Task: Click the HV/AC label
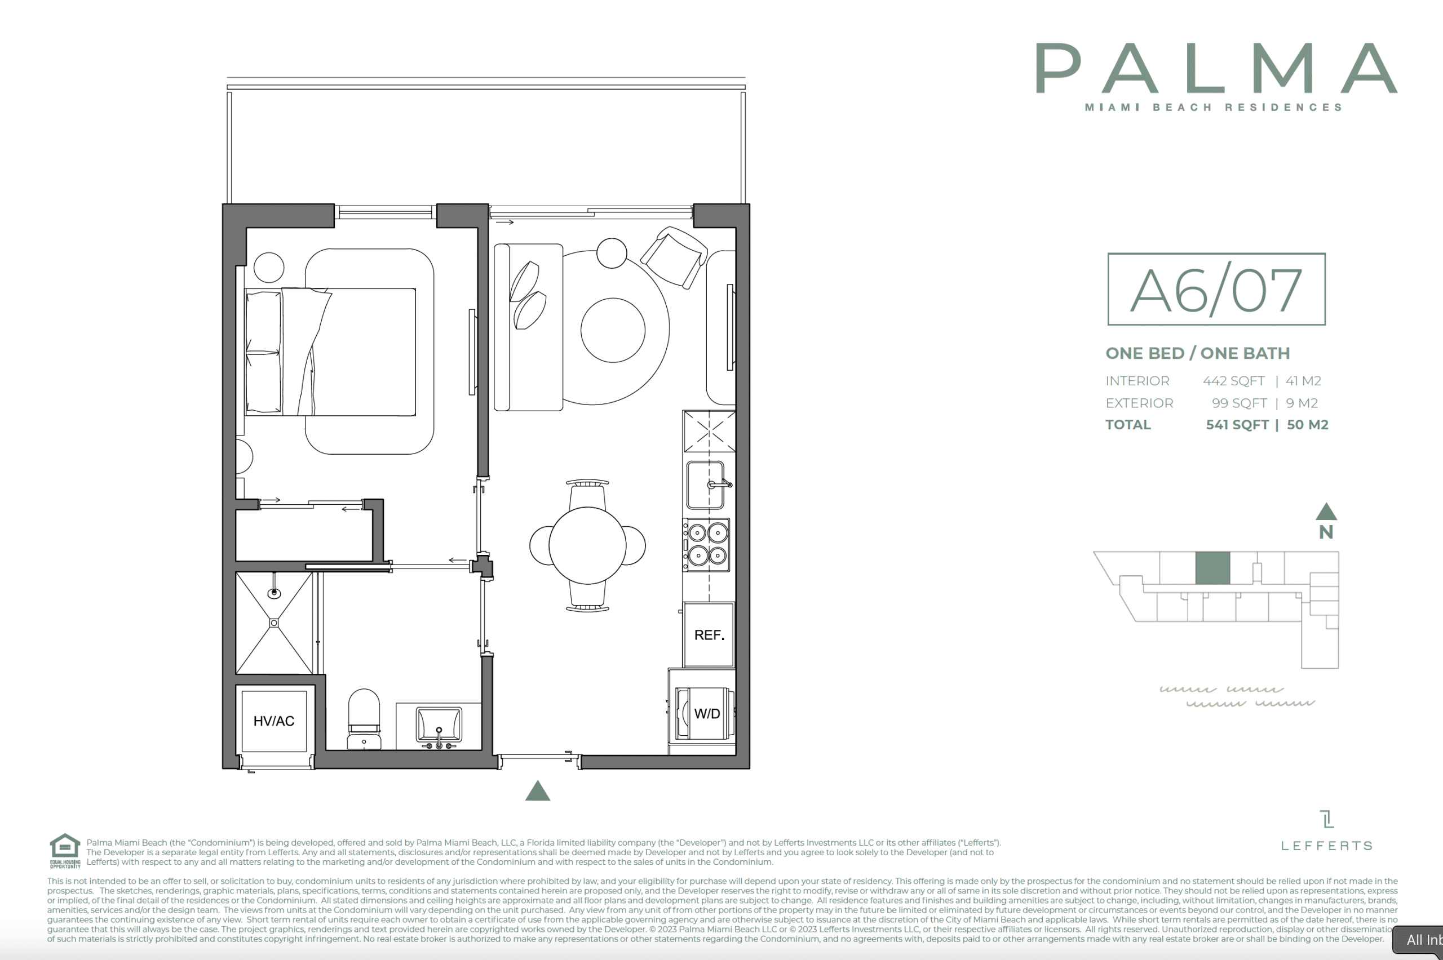tap(274, 721)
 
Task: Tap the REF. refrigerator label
tap(709, 635)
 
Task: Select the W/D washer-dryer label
tap(707, 713)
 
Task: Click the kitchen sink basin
tap(706, 485)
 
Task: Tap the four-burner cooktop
tap(707, 545)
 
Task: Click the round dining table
tap(587, 545)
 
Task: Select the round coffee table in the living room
tap(613, 330)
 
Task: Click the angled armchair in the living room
tap(674, 257)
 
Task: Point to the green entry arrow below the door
tap(538, 790)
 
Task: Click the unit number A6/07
tap(1216, 290)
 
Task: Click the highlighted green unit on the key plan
tap(1212, 567)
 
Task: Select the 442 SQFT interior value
tap(1233, 381)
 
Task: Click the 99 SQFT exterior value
tap(1239, 403)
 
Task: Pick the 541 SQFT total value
tap(1237, 425)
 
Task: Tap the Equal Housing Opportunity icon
tap(65, 850)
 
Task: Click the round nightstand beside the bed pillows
tap(269, 268)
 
